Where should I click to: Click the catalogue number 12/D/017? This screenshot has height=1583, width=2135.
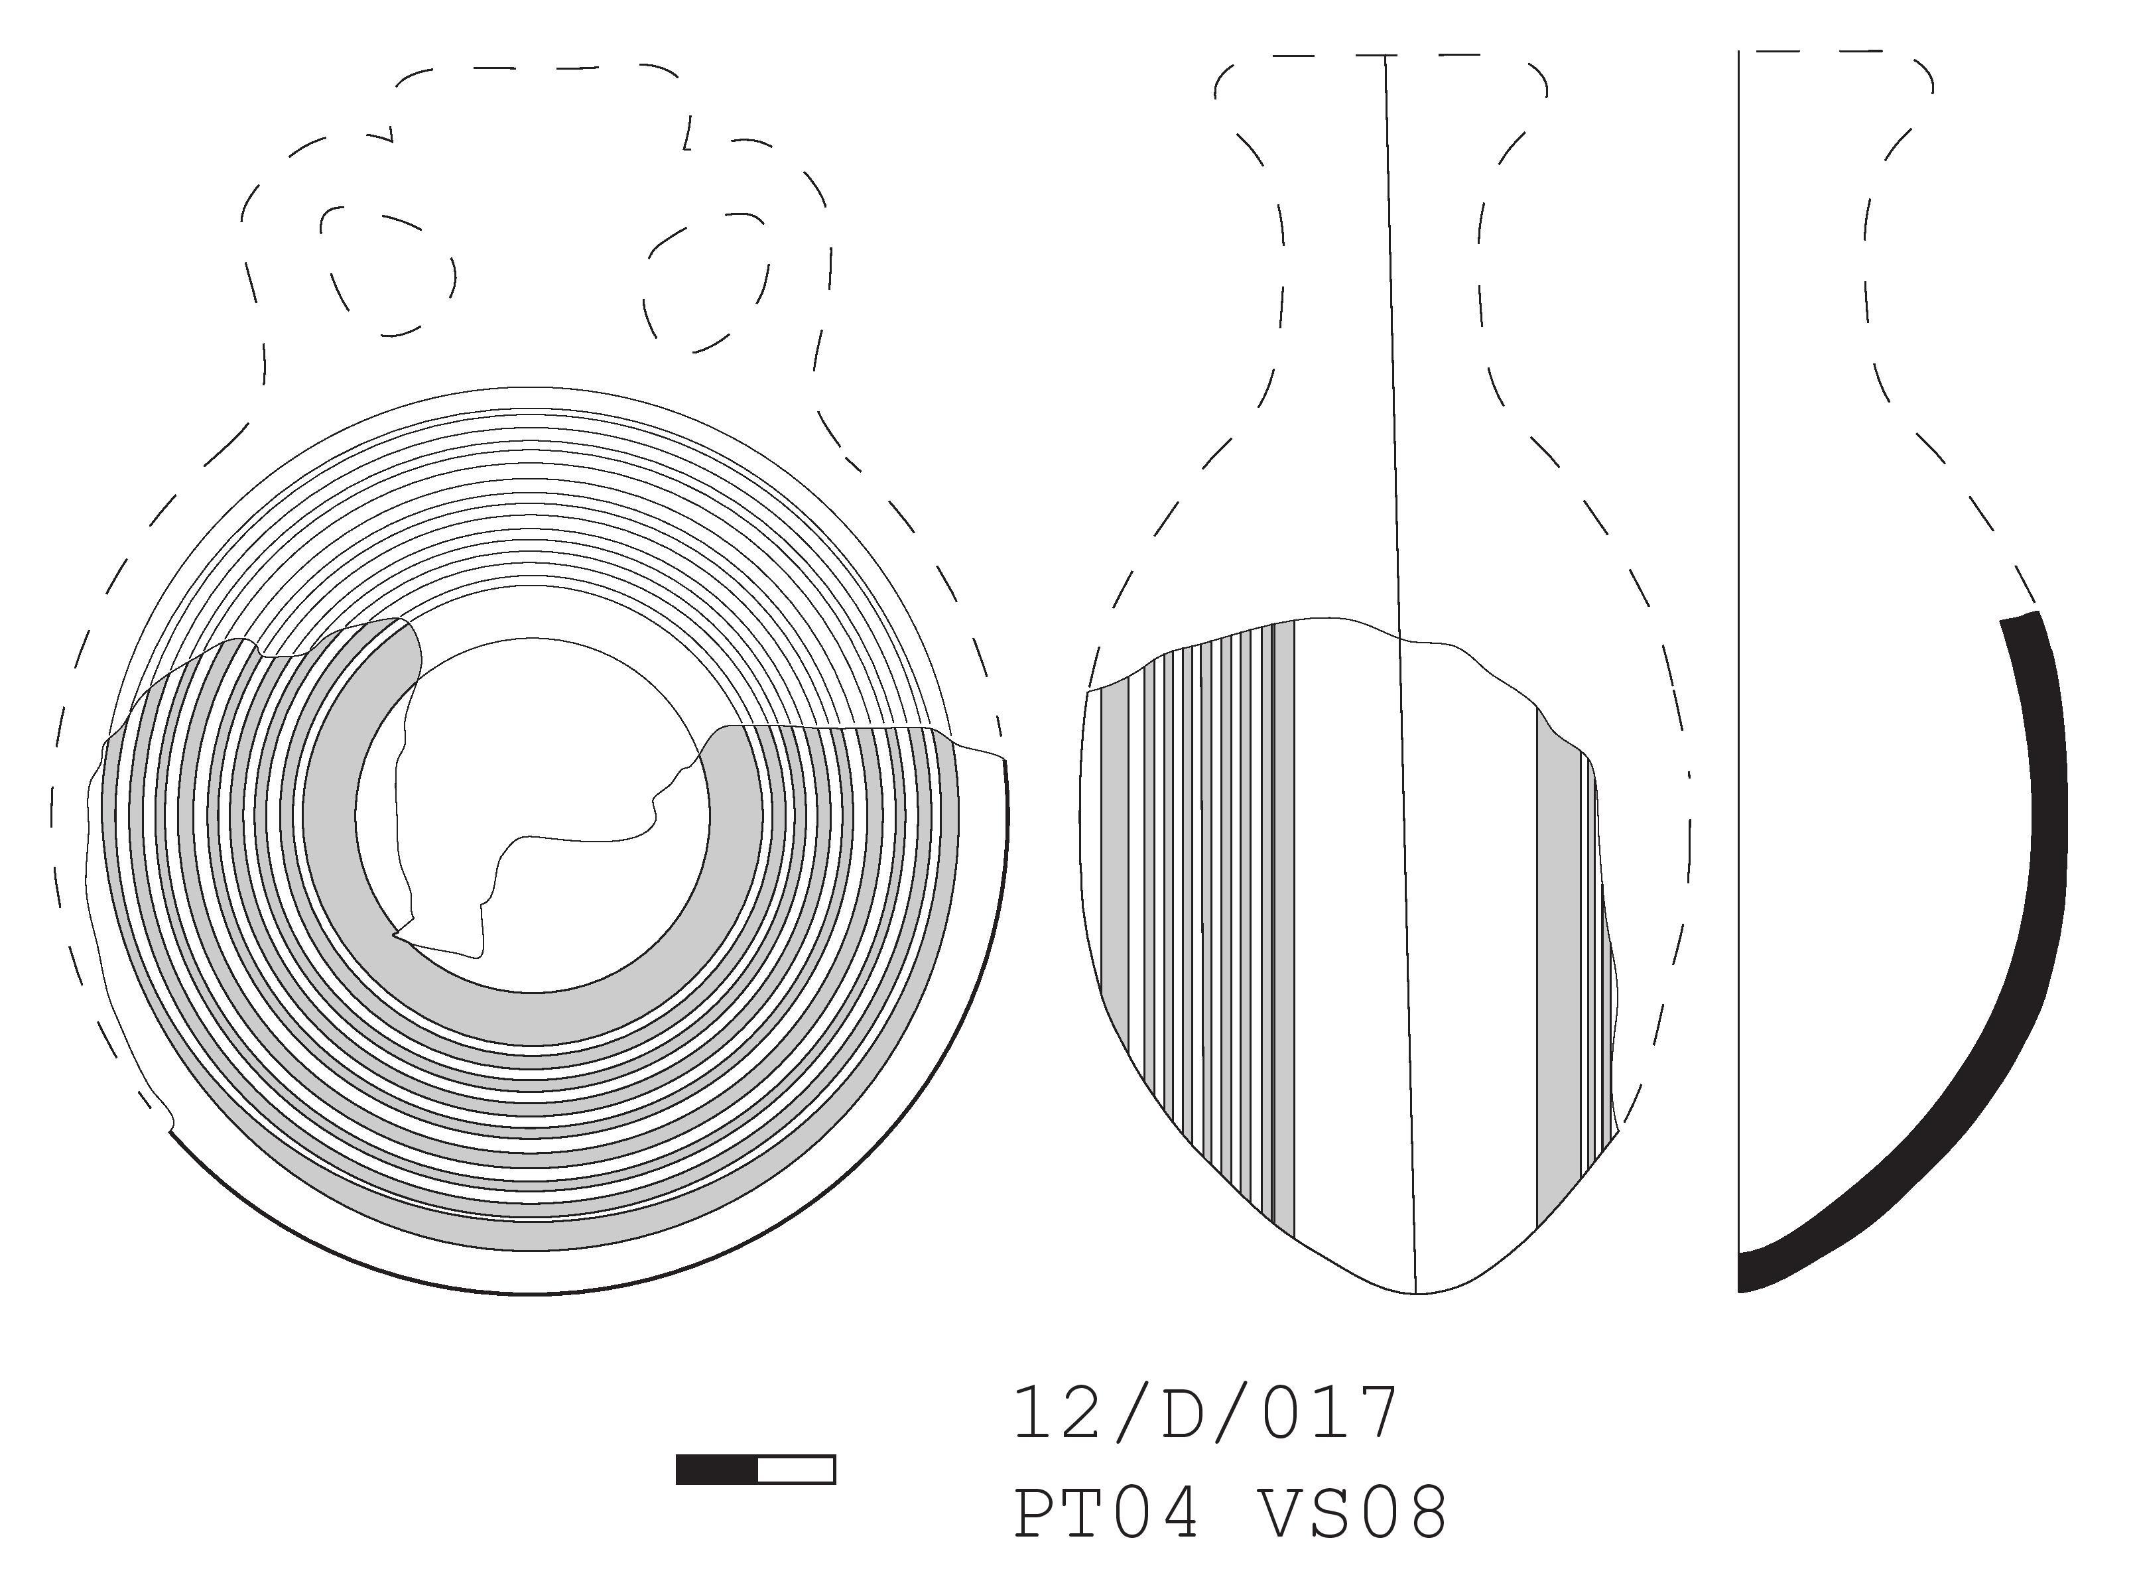[1206, 1415]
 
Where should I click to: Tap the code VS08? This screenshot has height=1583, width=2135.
[1351, 1513]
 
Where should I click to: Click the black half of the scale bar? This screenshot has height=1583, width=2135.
[717, 1470]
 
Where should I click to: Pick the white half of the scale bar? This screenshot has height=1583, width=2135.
[797, 1470]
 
